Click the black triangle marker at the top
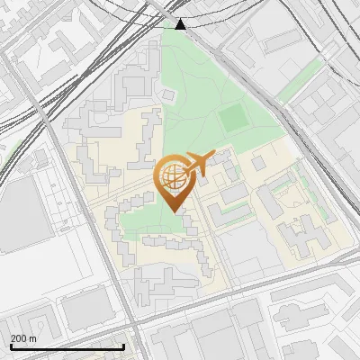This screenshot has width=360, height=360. click(x=181, y=23)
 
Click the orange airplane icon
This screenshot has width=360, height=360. click(x=201, y=163)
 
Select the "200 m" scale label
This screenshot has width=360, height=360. click(x=23, y=338)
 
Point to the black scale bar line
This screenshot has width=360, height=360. click(x=67, y=346)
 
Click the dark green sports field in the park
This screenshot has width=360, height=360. click(x=232, y=116)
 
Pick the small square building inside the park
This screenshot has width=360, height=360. click(x=168, y=94)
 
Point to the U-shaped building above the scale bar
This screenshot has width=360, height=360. click(x=36, y=323)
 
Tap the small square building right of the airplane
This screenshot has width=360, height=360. click(x=259, y=163)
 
